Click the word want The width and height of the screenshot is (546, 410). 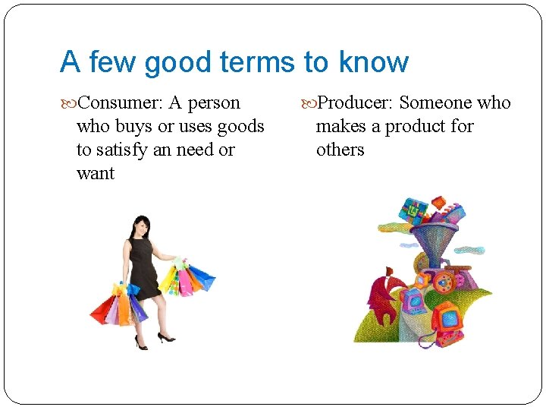click(x=96, y=173)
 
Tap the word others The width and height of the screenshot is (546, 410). click(x=340, y=150)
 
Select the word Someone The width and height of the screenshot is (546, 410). click(x=436, y=102)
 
